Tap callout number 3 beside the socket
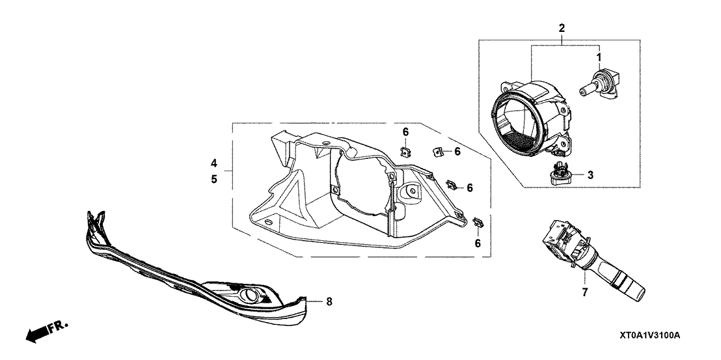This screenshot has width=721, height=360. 590,175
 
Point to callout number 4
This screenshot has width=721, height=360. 214,163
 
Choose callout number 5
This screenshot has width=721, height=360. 214,179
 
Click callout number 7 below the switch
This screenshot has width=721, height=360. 584,293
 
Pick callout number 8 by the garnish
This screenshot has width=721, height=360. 329,301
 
